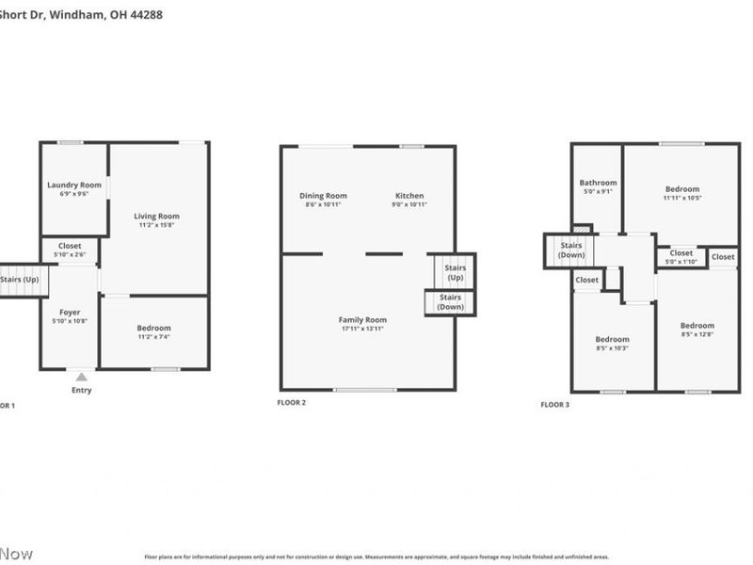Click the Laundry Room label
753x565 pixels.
pos(74,185)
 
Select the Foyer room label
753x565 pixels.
pos(71,312)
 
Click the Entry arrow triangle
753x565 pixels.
pos(81,377)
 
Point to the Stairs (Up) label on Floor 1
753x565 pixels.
pos(19,280)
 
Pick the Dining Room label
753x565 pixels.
pos(323,196)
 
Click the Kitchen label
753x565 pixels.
pos(409,196)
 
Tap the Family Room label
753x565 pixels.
pos(362,320)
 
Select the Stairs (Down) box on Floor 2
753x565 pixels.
pos(451,302)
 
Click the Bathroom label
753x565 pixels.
pos(598,183)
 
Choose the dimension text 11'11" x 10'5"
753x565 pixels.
pos(682,198)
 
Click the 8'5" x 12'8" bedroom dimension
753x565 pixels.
pos(697,334)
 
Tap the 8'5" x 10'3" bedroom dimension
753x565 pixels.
pos(612,348)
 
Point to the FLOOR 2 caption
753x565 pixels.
pos(291,402)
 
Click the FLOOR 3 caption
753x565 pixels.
pos(554,404)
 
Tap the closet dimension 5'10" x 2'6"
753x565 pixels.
pos(71,254)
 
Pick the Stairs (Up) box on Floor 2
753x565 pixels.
pos(456,272)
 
